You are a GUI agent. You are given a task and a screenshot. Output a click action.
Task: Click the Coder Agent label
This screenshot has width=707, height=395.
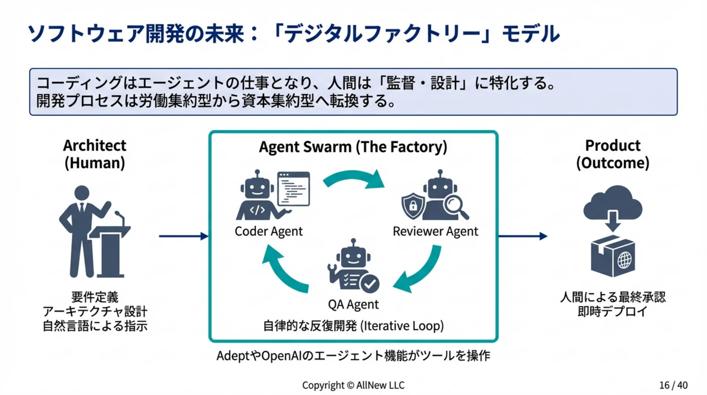pyautogui.click(x=268, y=231)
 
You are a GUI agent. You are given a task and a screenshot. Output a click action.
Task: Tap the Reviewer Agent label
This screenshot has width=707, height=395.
pyautogui.click(x=435, y=231)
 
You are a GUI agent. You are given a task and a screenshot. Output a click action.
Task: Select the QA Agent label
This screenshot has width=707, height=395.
pyautogui.click(x=353, y=304)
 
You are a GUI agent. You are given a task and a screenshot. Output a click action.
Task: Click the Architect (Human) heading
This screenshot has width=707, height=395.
pyautogui.click(x=95, y=154)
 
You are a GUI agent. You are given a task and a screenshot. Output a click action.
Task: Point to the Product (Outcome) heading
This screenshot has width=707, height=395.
pyautogui.click(x=612, y=154)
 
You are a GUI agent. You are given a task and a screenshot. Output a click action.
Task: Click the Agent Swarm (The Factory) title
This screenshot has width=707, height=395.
pyautogui.click(x=353, y=147)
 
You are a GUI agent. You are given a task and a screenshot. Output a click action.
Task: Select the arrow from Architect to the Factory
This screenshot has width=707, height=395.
pyautogui.click(x=183, y=236)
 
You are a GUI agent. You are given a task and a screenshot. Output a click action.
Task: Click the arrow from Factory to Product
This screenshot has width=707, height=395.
pyautogui.click(x=523, y=236)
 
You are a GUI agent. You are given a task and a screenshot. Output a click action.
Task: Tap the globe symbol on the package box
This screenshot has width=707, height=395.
pyautogui.click(x=624, y=260)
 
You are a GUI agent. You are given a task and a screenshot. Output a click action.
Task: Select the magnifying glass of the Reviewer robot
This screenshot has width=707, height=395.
pyautogui.click(x=455, y=206)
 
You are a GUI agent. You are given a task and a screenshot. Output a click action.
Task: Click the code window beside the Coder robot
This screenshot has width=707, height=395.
pyautogui.click(x=293, y=189)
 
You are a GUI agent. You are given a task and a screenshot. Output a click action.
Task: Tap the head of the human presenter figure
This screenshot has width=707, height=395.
pyautogui.click(x=82, y=193)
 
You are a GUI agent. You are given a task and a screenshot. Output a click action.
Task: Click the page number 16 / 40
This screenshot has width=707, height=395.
pyautogui.click(x=673, y=385)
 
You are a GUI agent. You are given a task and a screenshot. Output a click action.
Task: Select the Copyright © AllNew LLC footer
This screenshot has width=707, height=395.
pyautogui.click(x=353, y=385)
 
